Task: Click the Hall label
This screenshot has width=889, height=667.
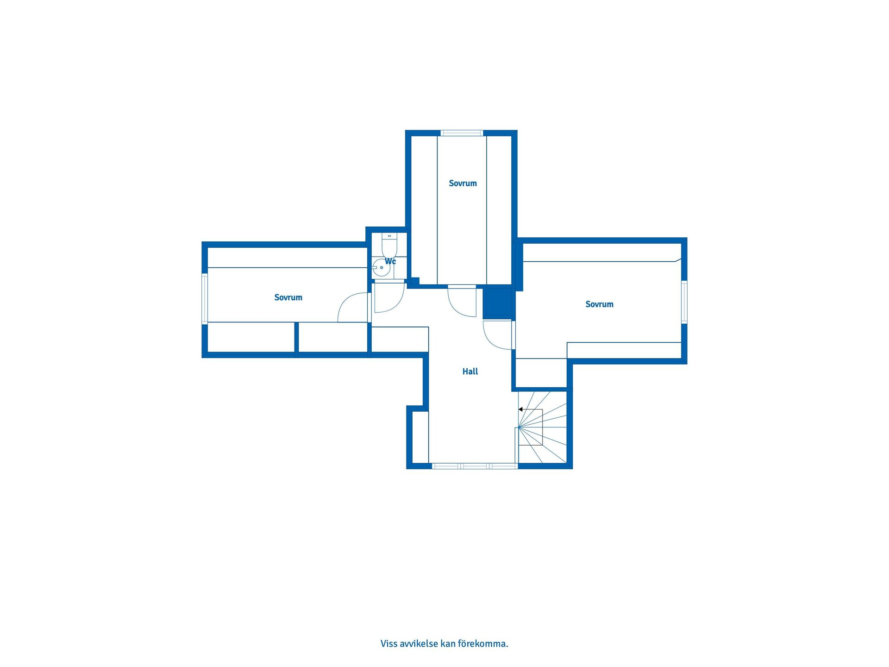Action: point(470,371)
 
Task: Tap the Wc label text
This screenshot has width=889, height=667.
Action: point(390,261)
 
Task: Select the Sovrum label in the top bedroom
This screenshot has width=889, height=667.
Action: point(463,183)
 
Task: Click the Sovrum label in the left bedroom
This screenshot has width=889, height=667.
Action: point(288,297)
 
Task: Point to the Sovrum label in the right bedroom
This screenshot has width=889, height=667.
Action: point(599,304)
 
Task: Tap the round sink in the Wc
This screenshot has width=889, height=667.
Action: point(381,268)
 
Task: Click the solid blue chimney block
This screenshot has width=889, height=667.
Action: point(498,303)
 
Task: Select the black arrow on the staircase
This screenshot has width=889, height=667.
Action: point(521,409)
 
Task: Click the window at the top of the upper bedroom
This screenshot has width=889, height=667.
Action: point(462,133)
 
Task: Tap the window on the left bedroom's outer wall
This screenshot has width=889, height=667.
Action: point(205,298)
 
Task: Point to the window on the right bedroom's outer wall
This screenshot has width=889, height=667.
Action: point(684,302)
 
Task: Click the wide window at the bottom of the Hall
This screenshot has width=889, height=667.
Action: point(475,466)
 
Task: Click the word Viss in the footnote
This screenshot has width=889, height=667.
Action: point(388,644)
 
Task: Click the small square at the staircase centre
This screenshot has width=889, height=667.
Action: point(531,428)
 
